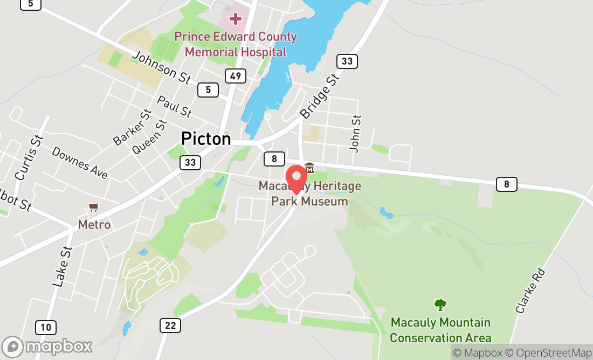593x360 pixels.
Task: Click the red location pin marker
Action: [x=296, y=179]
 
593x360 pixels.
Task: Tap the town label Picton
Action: [x=206, y=139]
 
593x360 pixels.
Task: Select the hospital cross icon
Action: [x=235, y=19]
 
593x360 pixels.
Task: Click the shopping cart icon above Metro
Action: [x=94, y=207]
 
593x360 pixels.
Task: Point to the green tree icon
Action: [x=440, y=305]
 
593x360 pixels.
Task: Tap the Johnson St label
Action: [x=161, y=67]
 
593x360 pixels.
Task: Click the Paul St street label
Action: [x=174, y=106]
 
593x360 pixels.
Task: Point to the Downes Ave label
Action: [x=80, y=162]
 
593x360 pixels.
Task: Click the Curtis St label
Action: [x=29, y=157]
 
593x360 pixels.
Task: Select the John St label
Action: [x=355, y=133]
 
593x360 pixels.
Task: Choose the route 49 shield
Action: [x=236, y=76]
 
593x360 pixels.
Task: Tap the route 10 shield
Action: [x=46, y=327]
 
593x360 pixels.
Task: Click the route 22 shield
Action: [x=170, y=325]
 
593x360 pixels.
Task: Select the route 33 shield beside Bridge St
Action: [x=347, y=61]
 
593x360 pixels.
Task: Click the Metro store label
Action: [x=94, y=224]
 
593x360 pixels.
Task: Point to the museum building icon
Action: [x=309, y=168]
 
